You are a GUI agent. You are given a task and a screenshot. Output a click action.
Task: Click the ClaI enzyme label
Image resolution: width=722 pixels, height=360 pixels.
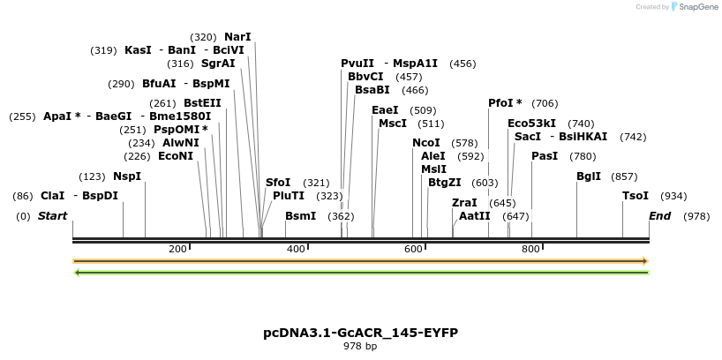point(52,196)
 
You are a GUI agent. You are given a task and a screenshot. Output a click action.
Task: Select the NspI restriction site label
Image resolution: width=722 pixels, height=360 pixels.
point(127,176)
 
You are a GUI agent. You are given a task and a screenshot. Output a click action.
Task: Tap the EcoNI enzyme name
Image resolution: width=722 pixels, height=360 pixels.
point(175,156)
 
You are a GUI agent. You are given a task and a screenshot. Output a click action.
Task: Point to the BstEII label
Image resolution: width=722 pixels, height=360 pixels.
point(202,103)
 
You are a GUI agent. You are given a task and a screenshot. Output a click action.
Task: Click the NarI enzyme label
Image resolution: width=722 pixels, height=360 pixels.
point(237,37)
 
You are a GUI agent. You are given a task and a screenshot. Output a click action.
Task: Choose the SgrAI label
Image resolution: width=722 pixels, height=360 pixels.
point(218,64)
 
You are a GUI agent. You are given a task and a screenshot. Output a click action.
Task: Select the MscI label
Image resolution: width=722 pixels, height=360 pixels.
point(393,124)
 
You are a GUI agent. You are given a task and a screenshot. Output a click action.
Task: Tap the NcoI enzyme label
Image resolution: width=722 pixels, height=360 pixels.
point(426,143)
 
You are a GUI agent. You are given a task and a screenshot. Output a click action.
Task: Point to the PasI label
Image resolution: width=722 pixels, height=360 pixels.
point(545,156)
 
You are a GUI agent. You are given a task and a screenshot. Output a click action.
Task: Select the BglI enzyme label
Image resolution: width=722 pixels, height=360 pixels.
point(589,176)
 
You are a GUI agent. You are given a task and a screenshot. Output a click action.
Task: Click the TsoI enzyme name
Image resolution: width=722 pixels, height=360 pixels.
point(636,196)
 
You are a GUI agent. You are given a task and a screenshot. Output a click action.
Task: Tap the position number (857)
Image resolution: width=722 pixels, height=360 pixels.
point(624,176)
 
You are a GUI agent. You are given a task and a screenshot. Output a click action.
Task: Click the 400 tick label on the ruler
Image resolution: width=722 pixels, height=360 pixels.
point(296,249)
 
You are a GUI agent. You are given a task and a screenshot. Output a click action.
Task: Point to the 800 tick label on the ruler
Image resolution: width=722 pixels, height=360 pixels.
point(530,249)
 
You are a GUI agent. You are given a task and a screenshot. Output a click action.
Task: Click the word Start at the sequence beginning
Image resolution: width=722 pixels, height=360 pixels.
point(52,216)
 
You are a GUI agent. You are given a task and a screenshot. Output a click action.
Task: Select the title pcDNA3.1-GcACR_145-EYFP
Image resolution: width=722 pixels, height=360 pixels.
point(360,333)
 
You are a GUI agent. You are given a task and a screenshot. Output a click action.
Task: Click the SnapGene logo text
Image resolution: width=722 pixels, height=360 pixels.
point(698,7)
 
